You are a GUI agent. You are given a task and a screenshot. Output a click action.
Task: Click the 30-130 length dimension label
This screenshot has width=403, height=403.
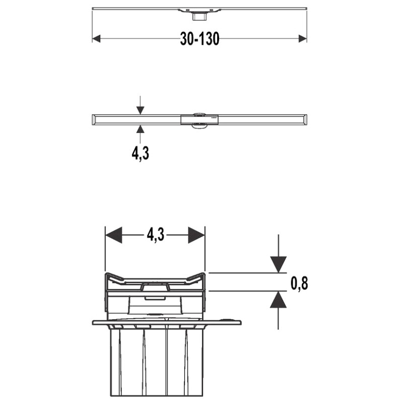pos(199,39)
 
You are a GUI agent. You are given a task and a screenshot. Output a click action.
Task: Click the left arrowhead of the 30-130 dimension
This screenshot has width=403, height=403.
pos(97,39)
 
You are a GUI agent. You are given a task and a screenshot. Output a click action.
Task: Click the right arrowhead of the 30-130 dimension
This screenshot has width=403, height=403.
pos(303,39)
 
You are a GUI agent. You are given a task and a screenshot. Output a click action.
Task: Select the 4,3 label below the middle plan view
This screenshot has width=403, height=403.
pos(141,153)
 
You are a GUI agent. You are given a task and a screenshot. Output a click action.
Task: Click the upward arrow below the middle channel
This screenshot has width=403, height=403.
pos(141,129)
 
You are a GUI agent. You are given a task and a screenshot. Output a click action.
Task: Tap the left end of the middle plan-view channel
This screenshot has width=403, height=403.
pos(94,119)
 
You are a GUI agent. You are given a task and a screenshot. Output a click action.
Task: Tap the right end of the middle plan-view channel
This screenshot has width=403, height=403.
pos(305,119)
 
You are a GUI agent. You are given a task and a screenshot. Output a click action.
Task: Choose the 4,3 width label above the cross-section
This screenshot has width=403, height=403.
pos(156,235)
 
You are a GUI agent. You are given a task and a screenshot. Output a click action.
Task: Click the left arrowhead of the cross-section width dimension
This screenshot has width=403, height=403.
pos(113,235)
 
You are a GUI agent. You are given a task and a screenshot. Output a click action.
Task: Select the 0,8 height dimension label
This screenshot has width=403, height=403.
pos(299,283)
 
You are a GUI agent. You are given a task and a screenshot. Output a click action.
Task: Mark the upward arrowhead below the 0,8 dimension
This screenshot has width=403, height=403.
pos(278,300)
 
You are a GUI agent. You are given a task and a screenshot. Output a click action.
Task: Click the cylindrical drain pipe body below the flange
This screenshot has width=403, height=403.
pos(156,360)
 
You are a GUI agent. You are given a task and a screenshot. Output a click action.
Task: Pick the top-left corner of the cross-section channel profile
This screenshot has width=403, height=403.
pos(107,275)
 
